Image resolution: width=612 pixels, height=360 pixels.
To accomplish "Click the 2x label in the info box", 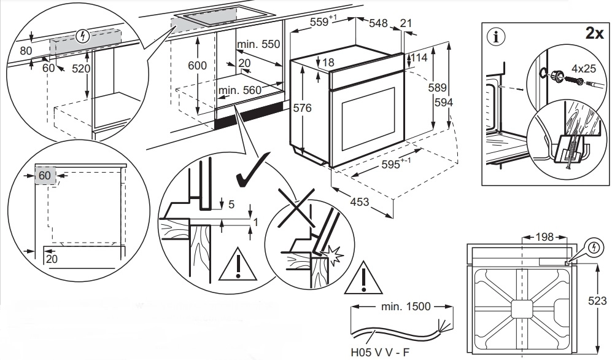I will tap(594, 33).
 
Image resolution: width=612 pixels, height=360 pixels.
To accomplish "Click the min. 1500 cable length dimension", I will tap(404, 306).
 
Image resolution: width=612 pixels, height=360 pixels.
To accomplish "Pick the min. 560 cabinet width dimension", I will tap(240, 90).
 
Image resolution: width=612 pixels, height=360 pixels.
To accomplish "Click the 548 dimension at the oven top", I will tap(379, 23).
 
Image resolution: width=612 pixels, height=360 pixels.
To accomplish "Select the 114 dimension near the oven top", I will tap(419, 57).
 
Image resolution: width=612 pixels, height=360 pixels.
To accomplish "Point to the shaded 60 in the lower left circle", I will tap(44, 176).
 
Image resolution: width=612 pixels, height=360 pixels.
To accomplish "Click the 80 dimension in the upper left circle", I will tap(26, 50).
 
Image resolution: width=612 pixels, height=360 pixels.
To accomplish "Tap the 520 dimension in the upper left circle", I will tap(81, 69).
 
